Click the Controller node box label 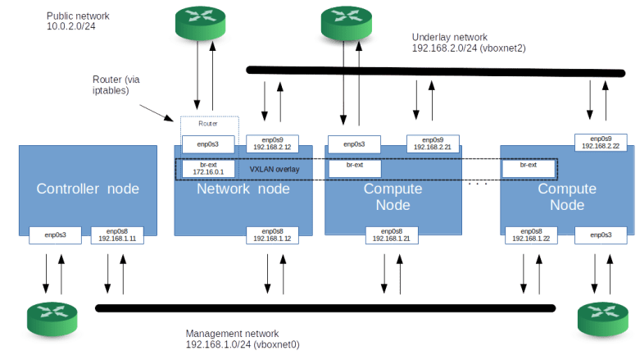pyautogui.click(x=88, y=189)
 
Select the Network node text pyautogui.click(x=243, y=189)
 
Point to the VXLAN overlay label pyautogui.click(x=275, y=169)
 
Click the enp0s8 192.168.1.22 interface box pyautogui.click(x=530, y=235)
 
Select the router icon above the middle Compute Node pyautogui.click(x=347, y=21)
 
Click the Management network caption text pyautogui.click(x=242, y=339)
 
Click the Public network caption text pyautogui.click(x=79, y=21)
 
